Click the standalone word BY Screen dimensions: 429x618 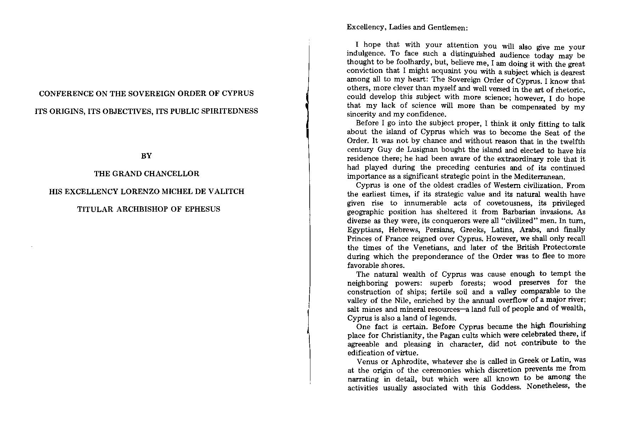[x=146, y=156]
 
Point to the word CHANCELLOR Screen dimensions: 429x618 [x=170, y=174]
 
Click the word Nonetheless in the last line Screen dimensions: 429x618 [x=547, y=386]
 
